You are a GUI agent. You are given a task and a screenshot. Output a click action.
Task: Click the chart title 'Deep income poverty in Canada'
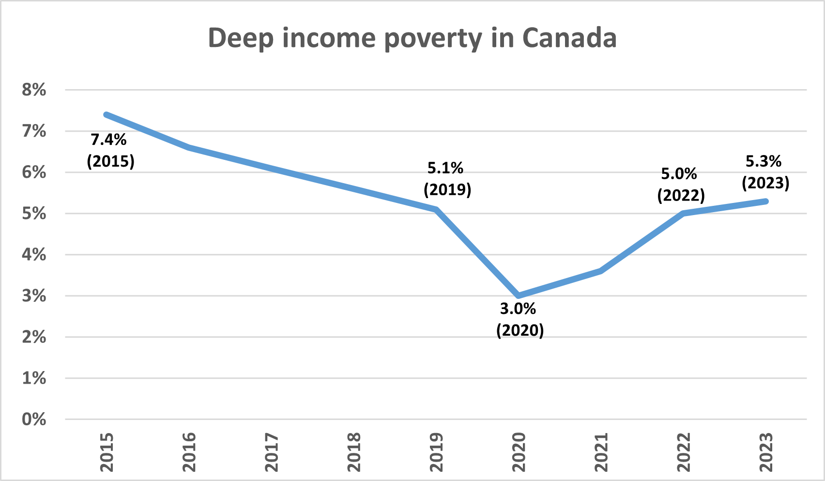[412, 38]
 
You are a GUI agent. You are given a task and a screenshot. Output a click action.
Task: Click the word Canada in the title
[569, 38]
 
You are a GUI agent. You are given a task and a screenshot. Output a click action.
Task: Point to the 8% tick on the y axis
[34, 90]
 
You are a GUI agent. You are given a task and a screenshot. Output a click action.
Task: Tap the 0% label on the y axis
[34, 419]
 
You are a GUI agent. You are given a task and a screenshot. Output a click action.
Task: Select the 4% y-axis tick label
[34, 254]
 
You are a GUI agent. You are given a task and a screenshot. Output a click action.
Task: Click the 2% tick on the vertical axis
[34, 337]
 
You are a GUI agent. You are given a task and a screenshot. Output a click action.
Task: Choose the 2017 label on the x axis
[272, 452]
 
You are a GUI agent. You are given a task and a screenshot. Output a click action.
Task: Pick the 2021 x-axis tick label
[601, 452]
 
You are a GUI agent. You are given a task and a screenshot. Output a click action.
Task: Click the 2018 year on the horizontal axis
[354, 452]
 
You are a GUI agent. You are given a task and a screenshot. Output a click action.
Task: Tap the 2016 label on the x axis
[189, 452]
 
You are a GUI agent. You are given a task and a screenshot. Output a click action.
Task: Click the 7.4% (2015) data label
[110, 150]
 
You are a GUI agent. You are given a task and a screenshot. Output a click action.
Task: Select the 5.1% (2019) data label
[447, 178]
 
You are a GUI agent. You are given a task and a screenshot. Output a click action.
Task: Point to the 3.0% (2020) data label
[519, 319]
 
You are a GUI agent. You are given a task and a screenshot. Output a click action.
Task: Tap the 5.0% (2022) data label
[680, 184]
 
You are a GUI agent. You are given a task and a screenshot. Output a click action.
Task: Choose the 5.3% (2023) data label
[765, 172]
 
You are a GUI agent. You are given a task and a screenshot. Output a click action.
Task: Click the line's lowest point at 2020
[519, 295]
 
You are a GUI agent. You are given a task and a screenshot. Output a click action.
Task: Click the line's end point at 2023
[766, 201]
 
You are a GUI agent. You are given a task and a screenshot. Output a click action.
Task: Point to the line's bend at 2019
[437, 209]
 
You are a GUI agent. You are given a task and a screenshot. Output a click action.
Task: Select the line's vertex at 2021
[601, 271]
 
